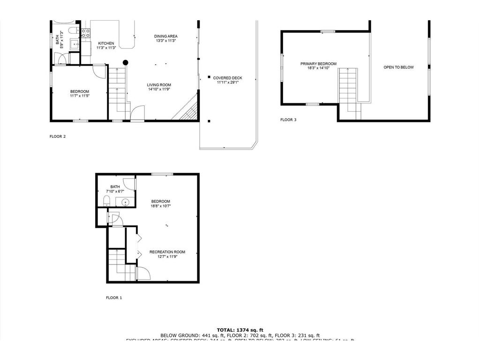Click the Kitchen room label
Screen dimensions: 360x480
click(105, 43)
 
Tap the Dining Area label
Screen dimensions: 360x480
click(166, 36)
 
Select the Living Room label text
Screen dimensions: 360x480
click(159, 85)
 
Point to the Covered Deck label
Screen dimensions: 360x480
click(227, 78)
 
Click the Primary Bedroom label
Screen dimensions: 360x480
click(318, 64)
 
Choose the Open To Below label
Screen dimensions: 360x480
click(398, 67)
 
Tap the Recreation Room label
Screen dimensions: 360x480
click(167, 252)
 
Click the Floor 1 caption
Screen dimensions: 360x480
click(114, 298)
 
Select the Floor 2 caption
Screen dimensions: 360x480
click(58, 137)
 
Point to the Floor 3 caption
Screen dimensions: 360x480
click(288, 120)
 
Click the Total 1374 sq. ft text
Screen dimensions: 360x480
click(240, 330)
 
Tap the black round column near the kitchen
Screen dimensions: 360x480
click(126, 62)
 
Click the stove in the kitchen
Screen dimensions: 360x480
click(86, 33)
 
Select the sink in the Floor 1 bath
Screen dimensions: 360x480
click(125, 202)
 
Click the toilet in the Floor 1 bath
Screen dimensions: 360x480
click(106, 202)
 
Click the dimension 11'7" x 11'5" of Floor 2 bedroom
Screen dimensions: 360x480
click(80, 96)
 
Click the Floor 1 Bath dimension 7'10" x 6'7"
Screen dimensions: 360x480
click(115, 191)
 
